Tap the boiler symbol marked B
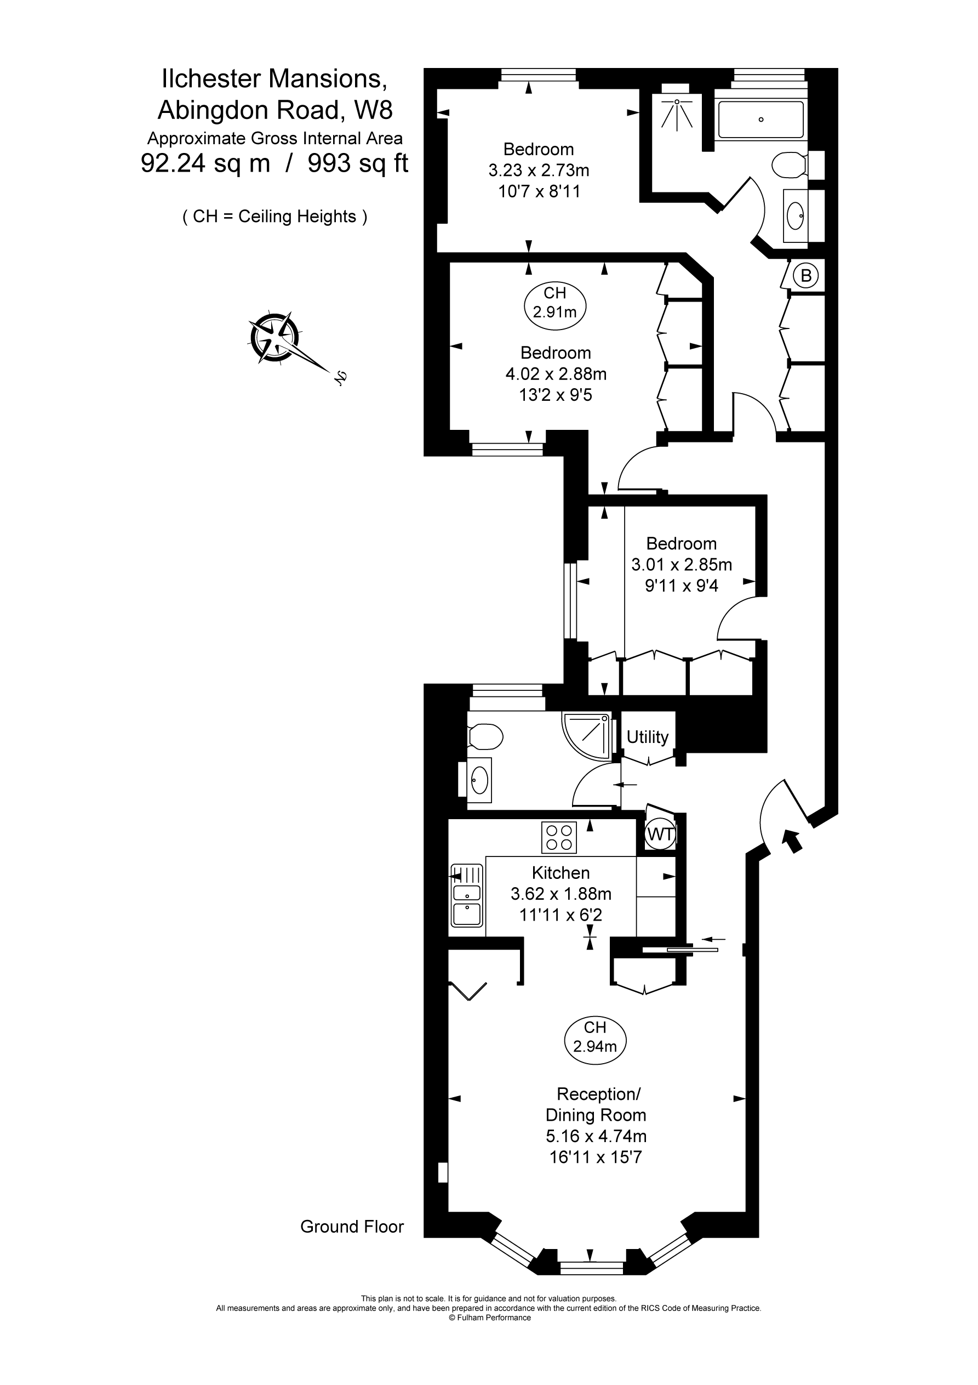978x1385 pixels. coord(805,276)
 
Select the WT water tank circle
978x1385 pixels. coord(660,835)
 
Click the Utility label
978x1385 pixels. coord(648,737)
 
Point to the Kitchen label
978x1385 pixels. coord(561,872)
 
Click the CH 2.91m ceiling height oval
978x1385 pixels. coord(554,303)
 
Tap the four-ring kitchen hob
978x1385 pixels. coord(559,837)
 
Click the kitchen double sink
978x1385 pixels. coord(467,896)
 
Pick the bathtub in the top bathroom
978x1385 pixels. coord(761,120)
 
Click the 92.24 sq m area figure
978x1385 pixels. coord(205,163)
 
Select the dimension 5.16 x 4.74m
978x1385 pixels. coord(596,1136)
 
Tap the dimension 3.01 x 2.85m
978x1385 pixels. coord(682,565)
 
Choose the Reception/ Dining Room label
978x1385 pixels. coord(596,1104)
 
